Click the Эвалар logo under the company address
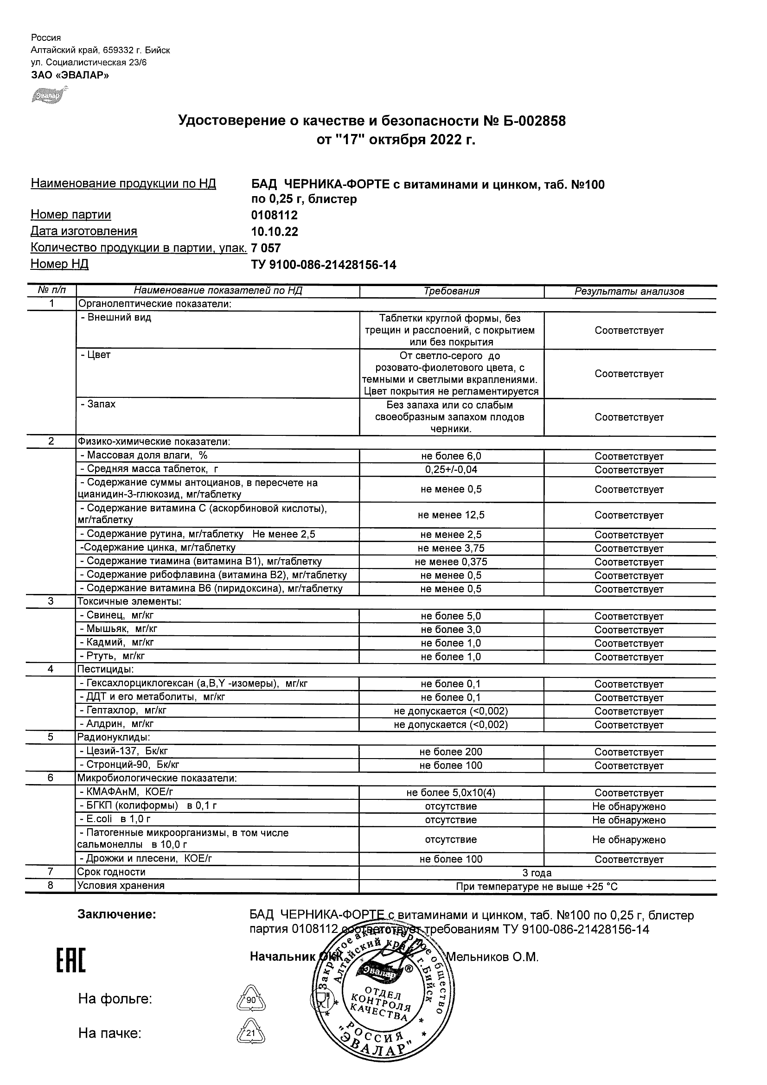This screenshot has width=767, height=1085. [48, 95]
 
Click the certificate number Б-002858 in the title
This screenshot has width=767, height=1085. [524, 121]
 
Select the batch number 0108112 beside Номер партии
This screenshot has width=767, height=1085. [274, 216]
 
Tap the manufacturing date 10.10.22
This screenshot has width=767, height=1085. [274, 231]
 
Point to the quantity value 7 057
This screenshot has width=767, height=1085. [266, 248]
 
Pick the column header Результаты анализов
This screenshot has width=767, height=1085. [629, 292]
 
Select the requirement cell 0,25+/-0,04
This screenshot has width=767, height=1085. [451, 470]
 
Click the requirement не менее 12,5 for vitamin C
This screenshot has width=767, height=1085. [451, 515]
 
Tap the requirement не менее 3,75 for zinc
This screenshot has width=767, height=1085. [451, 548]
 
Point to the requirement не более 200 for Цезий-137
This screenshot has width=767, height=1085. [451, 752]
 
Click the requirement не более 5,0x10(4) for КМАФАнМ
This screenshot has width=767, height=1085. [451, 793]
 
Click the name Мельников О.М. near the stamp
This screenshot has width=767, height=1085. [492, 957]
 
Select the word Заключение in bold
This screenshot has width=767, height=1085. [116, 915]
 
